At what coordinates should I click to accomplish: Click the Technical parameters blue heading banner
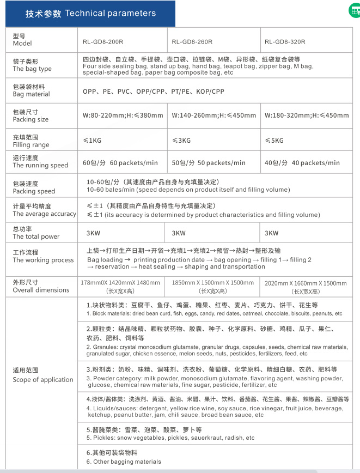(x=90, y=14)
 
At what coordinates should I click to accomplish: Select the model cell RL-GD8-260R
(x=192, y=42)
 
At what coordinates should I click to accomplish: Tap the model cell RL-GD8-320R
(x=285, y=42)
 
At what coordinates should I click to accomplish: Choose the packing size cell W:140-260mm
(x=214, y=116)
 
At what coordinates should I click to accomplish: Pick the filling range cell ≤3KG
(x=181, y=141)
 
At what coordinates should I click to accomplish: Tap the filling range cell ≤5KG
(x=274, y=141)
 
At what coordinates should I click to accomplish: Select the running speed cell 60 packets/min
(x=120, y=163)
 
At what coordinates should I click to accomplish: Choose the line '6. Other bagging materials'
(x=124, y=462)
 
